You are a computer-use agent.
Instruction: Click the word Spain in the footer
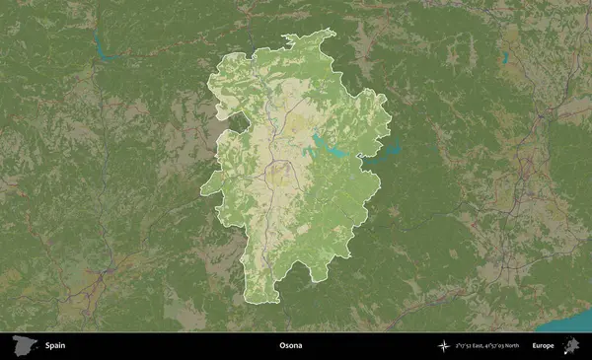[x=55, y=346]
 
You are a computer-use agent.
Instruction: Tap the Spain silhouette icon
[x=23, y=345]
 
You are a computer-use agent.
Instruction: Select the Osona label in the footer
[x=290, y=346]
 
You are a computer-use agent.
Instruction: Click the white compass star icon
[x=444, y=346]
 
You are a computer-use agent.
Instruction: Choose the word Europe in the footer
[x=543, y=346]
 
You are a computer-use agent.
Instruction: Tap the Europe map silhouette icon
[x=570, y=345]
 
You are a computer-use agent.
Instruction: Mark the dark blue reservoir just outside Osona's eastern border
[x=389, y=151]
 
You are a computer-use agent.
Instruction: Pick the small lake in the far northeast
[x=504, y=57]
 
